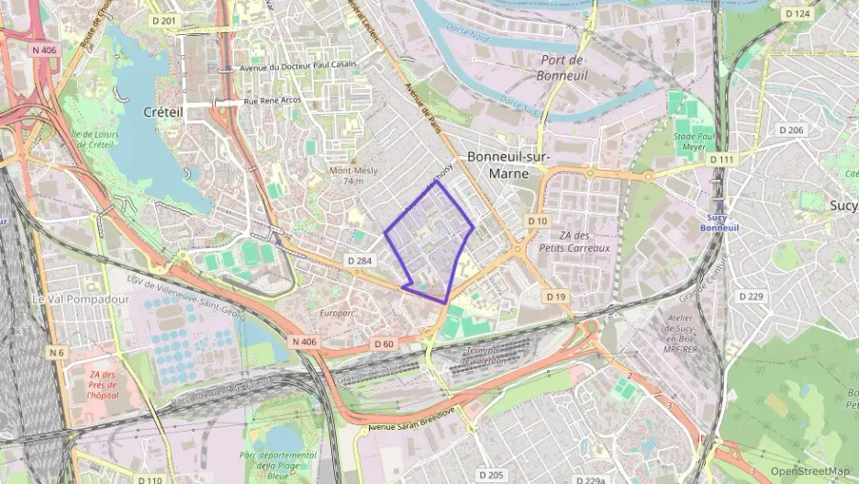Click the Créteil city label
tap(164, 111)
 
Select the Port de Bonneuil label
tap(557, 67)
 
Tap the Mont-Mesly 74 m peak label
tap(352, 175)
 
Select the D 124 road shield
tap(798, 14)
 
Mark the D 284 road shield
tap(361, 262)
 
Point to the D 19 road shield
tap(556, 296)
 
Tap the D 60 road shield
tap(384, 343)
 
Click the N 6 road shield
tap(57, 353)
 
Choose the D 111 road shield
tap(721, 159)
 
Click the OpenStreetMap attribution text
tap(809, 471)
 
